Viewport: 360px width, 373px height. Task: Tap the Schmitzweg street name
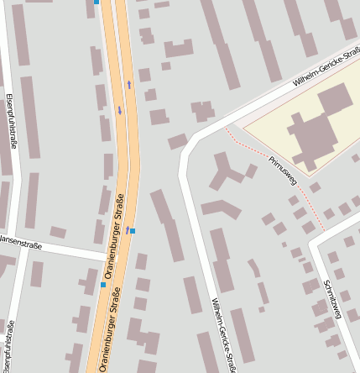[x=332, y=299]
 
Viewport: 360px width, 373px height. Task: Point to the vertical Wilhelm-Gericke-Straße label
[x=224, y=334]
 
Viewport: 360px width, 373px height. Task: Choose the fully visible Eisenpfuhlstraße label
[x=12, y=123]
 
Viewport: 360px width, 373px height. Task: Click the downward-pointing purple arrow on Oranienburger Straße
[x=120, y=110]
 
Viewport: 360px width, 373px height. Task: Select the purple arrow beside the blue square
[x=128, y=229]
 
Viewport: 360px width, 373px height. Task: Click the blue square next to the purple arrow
[x=133, y=230]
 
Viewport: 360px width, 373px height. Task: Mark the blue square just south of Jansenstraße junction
[x=103, y=285]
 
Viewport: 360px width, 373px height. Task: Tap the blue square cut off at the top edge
[x=97, y=3]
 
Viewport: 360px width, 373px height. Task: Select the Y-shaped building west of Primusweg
[x=226, y=171]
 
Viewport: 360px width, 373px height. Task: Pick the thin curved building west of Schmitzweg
[x=254, y=268]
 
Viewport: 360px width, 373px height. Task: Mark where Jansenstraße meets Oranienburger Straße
[x=112, y=255]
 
